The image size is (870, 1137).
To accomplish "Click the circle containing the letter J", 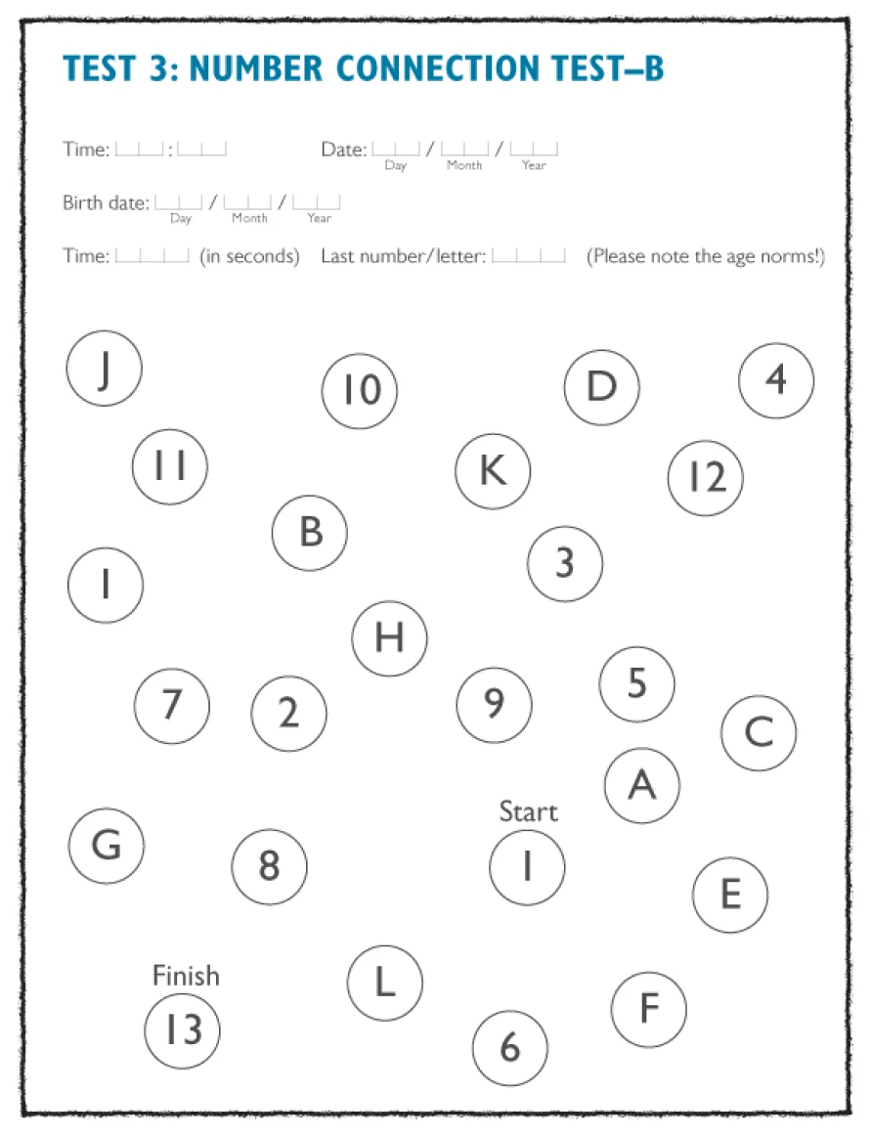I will [105, 369].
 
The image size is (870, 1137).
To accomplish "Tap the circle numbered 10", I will [360, 391].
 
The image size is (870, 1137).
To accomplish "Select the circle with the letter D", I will [602, 387].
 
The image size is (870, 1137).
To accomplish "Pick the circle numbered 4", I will [776, 380].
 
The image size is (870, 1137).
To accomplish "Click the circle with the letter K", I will [493, 471].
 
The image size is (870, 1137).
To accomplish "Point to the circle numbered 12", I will [706, 478].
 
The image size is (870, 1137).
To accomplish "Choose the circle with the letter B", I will [310, 533].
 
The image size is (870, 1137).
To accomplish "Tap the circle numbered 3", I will [565, 564].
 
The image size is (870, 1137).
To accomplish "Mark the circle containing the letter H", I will [389, 638].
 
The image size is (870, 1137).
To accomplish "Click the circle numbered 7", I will [172, 705].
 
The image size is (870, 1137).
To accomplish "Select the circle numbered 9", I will [495, 704].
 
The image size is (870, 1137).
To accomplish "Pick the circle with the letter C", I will [759, 732].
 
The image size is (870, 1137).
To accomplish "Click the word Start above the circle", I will [528, 811].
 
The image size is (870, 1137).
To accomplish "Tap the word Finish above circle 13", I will [186, 976].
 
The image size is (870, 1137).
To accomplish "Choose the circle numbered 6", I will [509, 1048].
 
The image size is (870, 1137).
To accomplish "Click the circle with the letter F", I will [649, 1009].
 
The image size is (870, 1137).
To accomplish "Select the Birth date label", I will [106, 203].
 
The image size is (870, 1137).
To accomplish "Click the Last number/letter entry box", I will [528, 256].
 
